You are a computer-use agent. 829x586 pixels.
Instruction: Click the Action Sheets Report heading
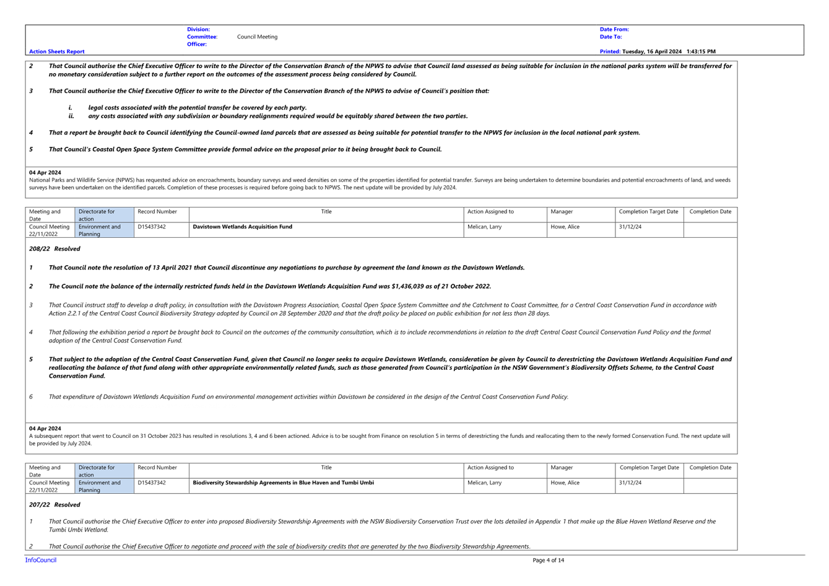tap(56, 51)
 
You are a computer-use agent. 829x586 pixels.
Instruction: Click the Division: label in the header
tap(198, 29)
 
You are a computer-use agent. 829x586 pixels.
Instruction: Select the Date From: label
tap(614, 29)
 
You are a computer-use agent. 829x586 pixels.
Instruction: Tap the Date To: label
tap(610, 37)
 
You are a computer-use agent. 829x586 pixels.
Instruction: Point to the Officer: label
tap(197, 44)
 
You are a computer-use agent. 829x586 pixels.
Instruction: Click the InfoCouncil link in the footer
tap(41, 560)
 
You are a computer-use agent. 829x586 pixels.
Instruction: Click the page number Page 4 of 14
tap(548, 561)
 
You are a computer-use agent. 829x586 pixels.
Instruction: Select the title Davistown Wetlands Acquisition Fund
tap(243, 227)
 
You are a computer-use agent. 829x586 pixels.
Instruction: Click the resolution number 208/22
tap(39, 249)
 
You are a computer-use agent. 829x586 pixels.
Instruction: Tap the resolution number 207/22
tap(39, 505)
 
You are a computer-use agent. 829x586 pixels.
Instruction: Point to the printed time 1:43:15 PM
tap(701, 51)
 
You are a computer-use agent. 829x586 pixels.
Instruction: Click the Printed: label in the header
tap(610, 51)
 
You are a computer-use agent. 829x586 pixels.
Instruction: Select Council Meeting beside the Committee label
tap(257, 37)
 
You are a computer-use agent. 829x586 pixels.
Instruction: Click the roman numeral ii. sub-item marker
tap(71, 116)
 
